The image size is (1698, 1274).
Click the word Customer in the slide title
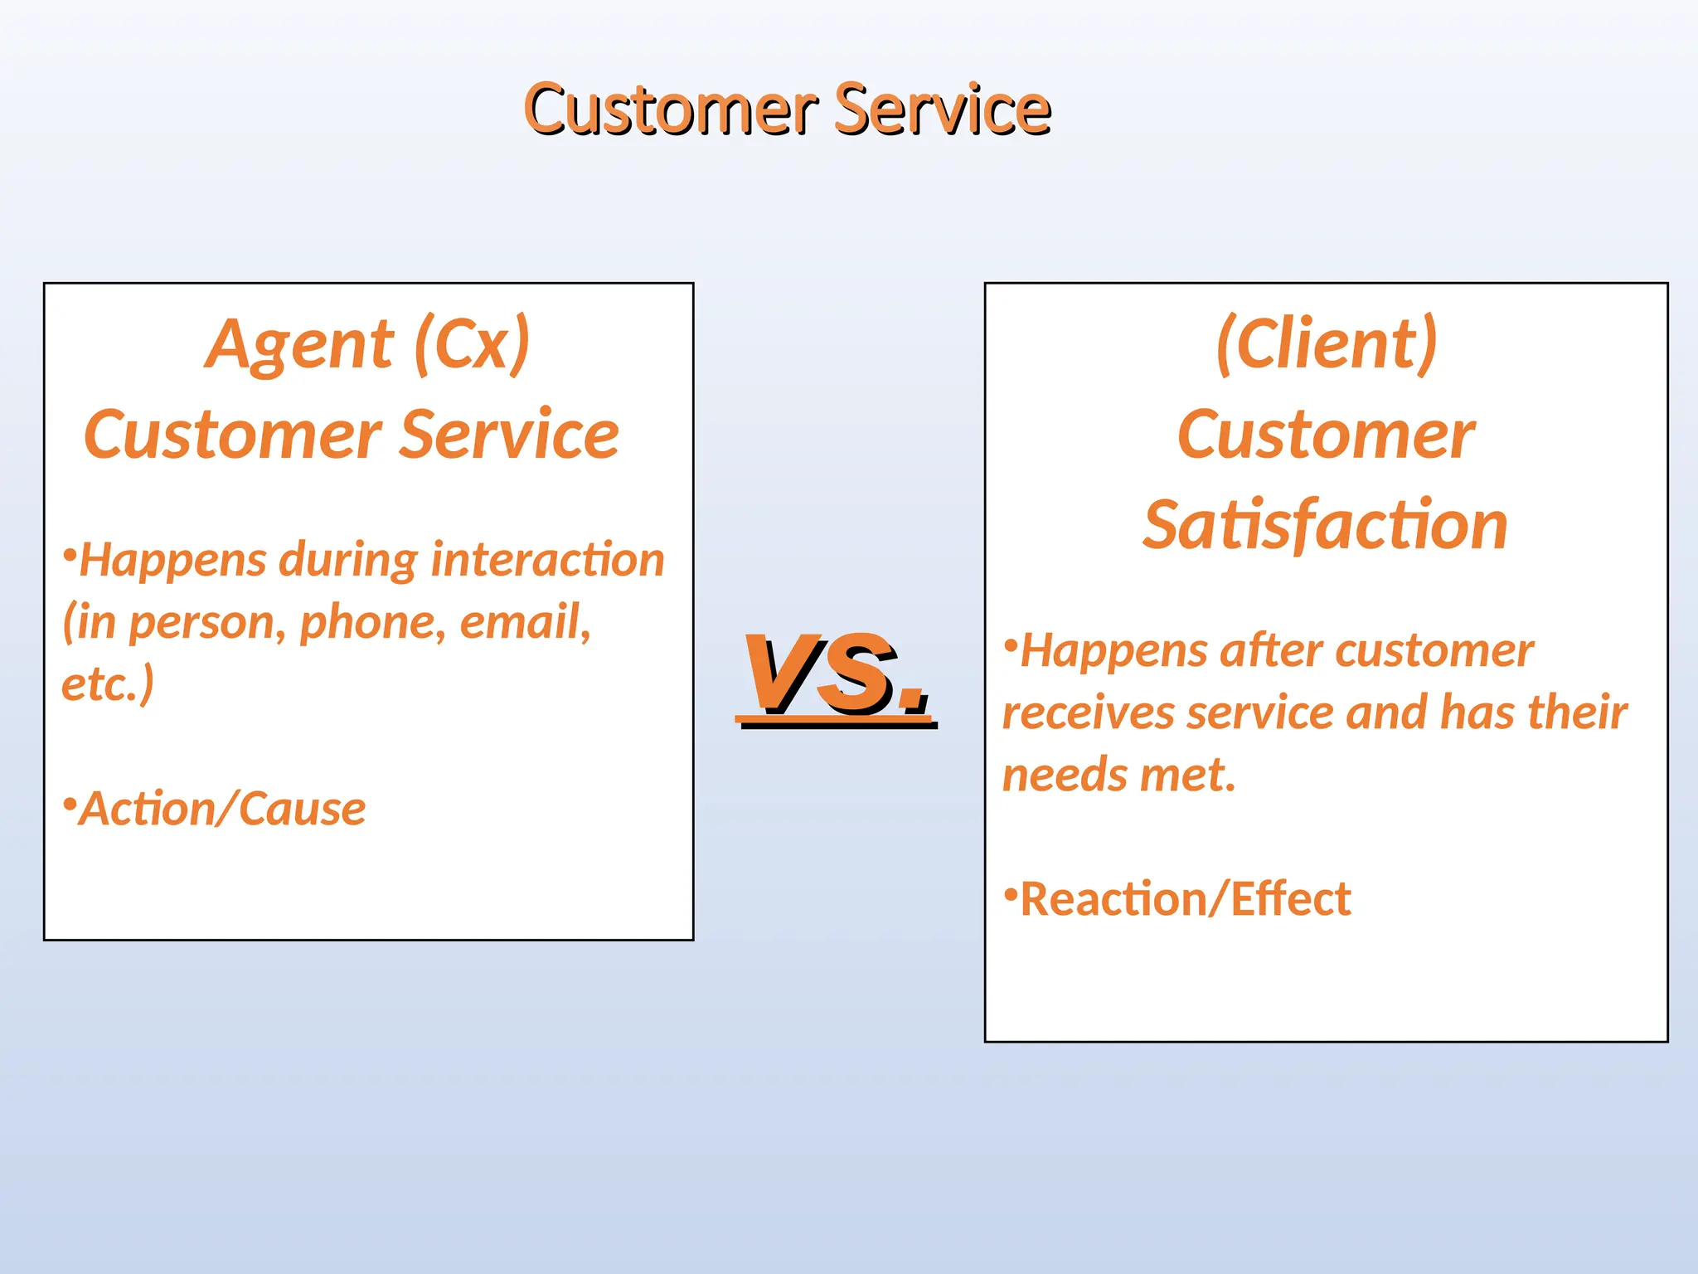672,109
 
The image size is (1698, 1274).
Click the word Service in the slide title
943,109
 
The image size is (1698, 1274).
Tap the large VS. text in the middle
836,673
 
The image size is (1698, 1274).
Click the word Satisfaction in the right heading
1325,526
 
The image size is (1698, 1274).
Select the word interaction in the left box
548,560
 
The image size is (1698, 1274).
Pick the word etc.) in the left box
108,684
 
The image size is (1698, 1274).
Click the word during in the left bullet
348,561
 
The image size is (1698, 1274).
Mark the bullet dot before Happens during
70,552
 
